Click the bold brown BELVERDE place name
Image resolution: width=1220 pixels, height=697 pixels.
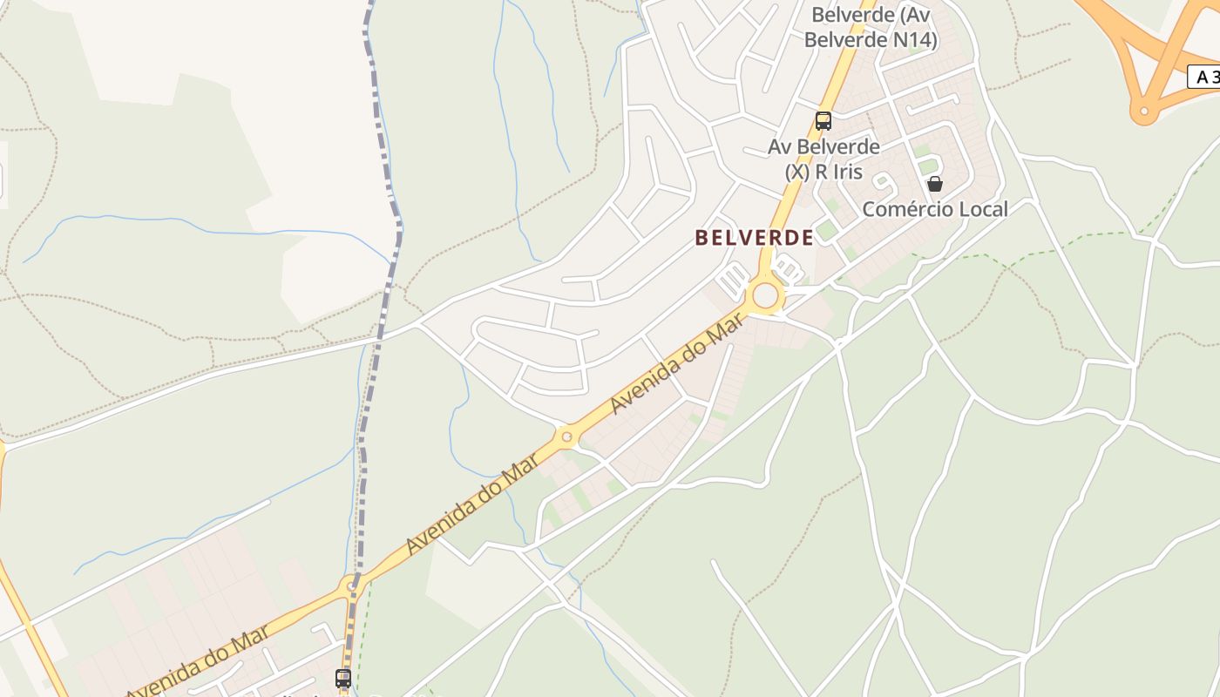[755, 237]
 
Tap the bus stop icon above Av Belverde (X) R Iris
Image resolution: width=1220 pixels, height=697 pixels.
[823, 121]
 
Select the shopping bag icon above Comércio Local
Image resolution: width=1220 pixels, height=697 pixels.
[935, 184]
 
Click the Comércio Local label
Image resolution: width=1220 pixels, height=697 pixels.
[935, 209]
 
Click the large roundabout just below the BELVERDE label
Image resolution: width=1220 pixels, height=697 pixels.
[765, 295]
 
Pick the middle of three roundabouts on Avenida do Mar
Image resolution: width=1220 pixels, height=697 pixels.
[567, 436]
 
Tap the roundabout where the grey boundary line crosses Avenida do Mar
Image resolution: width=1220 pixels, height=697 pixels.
[352, 586]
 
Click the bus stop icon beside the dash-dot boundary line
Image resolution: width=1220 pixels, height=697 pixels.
[343, 678]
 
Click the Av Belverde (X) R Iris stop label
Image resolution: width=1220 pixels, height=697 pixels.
[823, 159]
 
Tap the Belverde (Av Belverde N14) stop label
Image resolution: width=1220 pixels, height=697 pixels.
[870, 27]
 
